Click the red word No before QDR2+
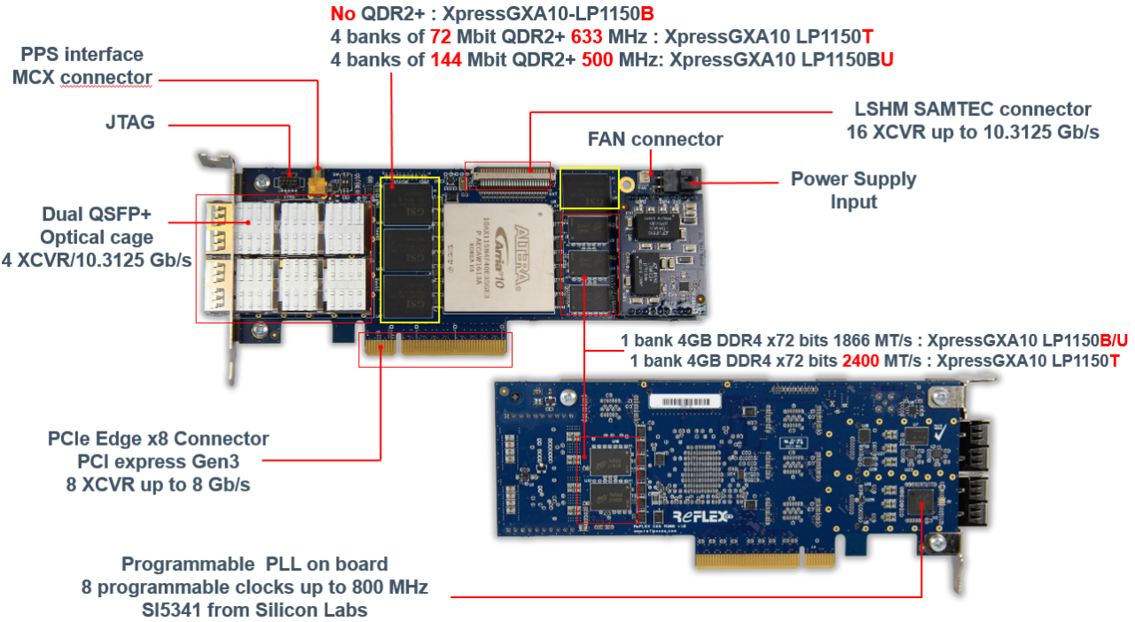[x=341, y=15]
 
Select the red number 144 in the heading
[x=446, y=60]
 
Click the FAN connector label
[x=654, y=139]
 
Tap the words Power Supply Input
[x=853, y=190]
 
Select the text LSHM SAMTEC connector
[x=972, y=110]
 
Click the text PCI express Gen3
[x=158, y=462]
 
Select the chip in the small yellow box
[x=589, y=187]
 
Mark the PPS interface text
[x=82, y=55]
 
